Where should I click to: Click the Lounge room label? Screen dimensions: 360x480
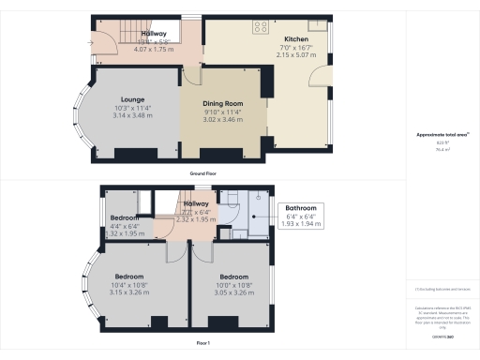tap(130, 98)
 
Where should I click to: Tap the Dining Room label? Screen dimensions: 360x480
tap(223, 103)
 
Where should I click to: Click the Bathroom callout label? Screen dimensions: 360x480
tap(301, 208)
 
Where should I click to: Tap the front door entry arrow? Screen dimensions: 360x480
tap(90, 42)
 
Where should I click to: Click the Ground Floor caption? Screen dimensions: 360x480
tap(203, 174)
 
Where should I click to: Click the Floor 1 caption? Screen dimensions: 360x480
tap(203, 344)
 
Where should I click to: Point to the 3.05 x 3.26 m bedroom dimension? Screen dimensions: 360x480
tap(232, 292)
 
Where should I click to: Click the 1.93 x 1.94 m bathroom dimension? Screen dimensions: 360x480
tap(301, 225)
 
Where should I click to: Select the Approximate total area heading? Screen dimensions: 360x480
tap(441, 135)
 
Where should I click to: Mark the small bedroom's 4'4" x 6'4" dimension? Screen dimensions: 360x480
tap(124, 225)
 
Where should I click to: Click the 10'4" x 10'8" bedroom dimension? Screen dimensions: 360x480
tap(129, 285)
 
